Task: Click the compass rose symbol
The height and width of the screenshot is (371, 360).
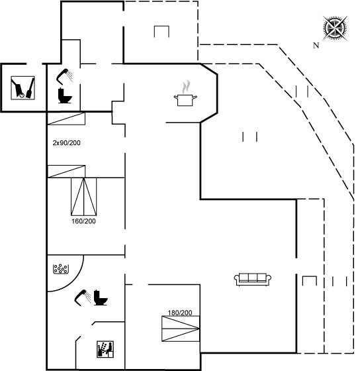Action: tap(335, 28)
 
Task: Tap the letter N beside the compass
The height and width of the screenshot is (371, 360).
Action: tap(316, 45)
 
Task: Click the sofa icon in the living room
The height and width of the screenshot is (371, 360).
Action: tap(252, 280)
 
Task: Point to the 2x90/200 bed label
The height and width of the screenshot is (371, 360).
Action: tap(66, 143)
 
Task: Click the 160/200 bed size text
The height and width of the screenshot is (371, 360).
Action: tap(83, 221)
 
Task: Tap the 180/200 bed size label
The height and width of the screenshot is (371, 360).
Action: tap(180, 313)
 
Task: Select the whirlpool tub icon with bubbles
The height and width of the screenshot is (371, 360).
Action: tap(61, 269)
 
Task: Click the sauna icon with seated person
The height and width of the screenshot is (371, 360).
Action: tap(105, 349)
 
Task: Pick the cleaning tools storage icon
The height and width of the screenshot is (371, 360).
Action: tap(23, 87)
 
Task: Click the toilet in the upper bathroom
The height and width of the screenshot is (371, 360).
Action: tap(65, 95)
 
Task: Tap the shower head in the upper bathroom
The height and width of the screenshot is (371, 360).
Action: tap(64, 76)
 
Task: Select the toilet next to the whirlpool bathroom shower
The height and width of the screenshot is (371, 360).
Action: tap(101, 297)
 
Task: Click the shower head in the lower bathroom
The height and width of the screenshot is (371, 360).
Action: tap(82, 297)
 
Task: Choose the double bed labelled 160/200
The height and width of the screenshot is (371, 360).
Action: tap(83, 197)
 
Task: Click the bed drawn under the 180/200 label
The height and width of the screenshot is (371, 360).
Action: tap(181, 329)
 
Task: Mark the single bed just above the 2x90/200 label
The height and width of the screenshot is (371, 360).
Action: tap(66, 119)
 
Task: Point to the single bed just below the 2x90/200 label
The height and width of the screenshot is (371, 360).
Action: tap(66, 172)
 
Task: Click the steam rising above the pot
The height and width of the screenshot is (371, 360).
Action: tap(186, 87)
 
